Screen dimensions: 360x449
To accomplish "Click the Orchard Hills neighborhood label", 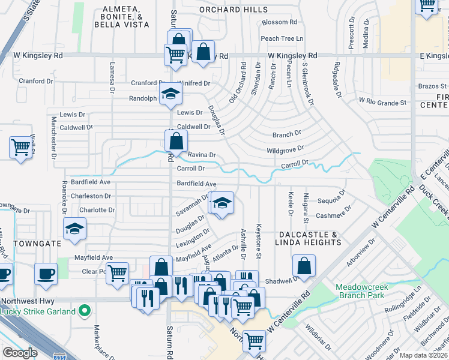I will [x=234, y=10].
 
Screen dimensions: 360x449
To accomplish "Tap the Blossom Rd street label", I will [x=279, y=22].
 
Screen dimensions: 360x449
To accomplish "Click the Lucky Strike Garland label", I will [x=38, y=311].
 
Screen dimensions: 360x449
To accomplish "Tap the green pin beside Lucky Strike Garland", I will [x=85, y=311].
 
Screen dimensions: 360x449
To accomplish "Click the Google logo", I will [x=20, y=353].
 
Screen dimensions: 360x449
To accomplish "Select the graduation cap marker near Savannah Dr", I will [x=221, y=203].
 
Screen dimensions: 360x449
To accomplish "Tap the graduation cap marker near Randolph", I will [x=170, y=93].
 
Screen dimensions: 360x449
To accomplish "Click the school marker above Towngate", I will [x=75, y=229].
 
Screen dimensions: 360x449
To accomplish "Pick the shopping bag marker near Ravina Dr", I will [x=176, y=142].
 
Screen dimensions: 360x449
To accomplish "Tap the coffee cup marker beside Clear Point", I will [x=46, y=274].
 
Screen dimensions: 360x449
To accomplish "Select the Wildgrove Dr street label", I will [x=285, y=148].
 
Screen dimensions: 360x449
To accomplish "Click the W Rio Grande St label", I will [x=382, y=101].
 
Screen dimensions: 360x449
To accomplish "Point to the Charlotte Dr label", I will [x=97, y=210].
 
